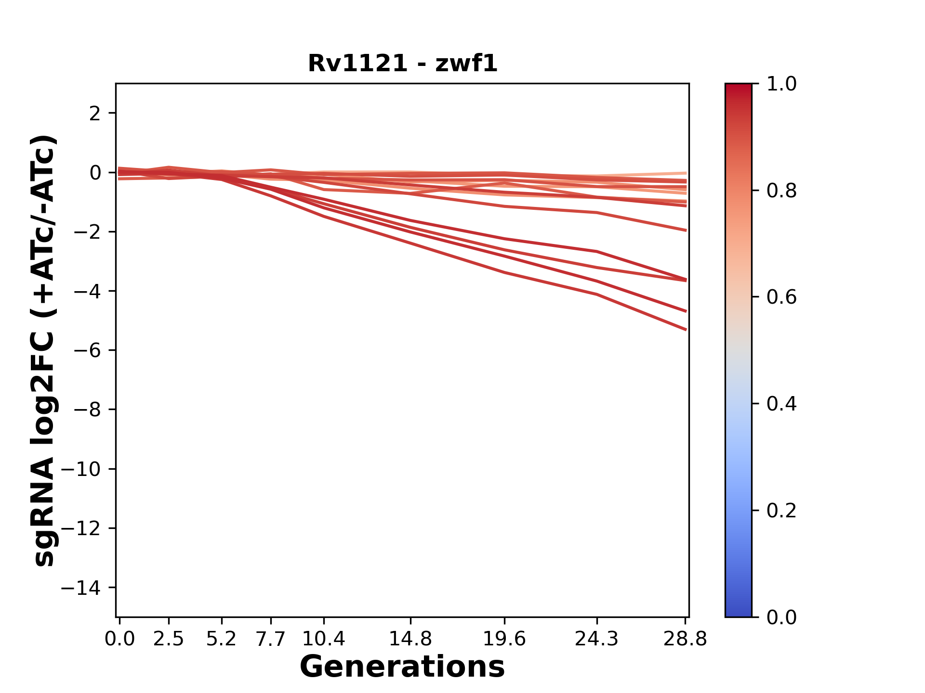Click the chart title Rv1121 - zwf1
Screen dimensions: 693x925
click(402, 64)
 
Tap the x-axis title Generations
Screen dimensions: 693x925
click(402, 667)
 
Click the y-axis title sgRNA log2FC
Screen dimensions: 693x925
click(44, 350)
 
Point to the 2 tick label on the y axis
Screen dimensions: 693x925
click(95, 114)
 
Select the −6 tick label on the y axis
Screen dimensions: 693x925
click(87, 350)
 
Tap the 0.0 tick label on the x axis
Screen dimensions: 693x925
click(119, 639)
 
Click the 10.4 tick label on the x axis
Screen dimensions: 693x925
click(324, 639)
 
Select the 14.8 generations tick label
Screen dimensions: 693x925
click(410, 639)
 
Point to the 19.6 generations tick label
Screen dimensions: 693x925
click(504, 639)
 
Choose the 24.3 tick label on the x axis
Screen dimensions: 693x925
click(596, 639)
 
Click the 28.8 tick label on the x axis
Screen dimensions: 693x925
click(685, 639)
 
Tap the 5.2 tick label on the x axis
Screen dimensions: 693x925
click(222, 639)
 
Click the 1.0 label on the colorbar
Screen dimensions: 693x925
click(781, 84)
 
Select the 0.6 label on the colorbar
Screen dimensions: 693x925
click(781, 297)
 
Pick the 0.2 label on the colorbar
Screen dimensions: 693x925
click(781, 511)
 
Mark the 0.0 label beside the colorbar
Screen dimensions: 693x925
click(781, 617)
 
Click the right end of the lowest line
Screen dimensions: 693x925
click(686, 330)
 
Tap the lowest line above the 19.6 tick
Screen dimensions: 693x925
click(504, 272)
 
